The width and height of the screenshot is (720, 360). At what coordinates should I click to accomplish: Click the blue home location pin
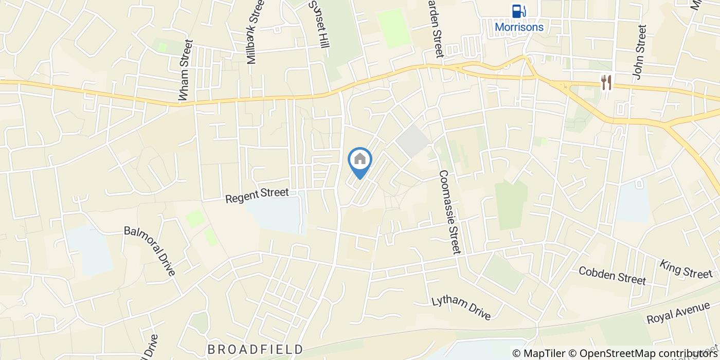pos(360,160)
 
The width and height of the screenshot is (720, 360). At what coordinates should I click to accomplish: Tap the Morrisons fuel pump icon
pos(518,11)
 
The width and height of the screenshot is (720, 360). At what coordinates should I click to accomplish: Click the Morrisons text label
pos(519,27)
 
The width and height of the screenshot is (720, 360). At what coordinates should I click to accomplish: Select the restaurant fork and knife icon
pos(607,82)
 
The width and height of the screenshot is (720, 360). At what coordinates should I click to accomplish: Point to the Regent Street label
pos(257,195)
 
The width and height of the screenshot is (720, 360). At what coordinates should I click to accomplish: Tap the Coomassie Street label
pos(449,212)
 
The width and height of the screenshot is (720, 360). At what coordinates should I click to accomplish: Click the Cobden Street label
pos(612,276)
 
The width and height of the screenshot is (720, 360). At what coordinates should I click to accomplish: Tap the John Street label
pos(639,53)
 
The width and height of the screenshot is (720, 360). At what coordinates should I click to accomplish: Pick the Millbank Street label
pos(255,32)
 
